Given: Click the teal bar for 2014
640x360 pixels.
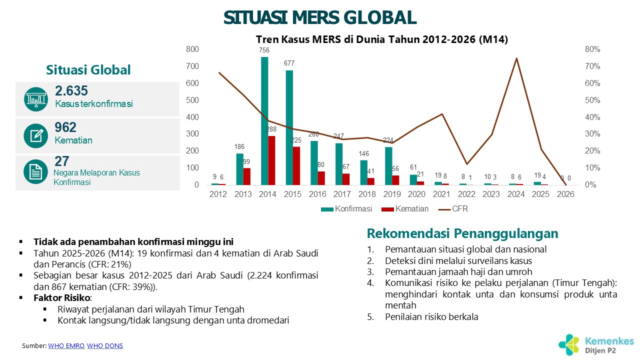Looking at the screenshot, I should coord(264,121).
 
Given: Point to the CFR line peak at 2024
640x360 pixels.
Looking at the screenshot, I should coord(516,58).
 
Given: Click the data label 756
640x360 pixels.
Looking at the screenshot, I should coord(264,50).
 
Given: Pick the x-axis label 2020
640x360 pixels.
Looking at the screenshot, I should coord(417,194).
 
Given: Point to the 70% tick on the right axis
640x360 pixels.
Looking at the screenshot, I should coord(592,66).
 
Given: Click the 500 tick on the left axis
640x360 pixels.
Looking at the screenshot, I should coord(192,100).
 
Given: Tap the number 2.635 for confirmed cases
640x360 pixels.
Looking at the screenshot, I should coord(71,91).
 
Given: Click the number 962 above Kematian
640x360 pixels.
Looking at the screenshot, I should coord(65,127).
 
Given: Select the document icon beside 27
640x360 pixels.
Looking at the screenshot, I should coord(35,172).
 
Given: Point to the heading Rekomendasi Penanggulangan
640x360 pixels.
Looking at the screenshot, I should coord(462,233).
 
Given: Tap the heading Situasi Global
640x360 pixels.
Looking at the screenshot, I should coord(88,70).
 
